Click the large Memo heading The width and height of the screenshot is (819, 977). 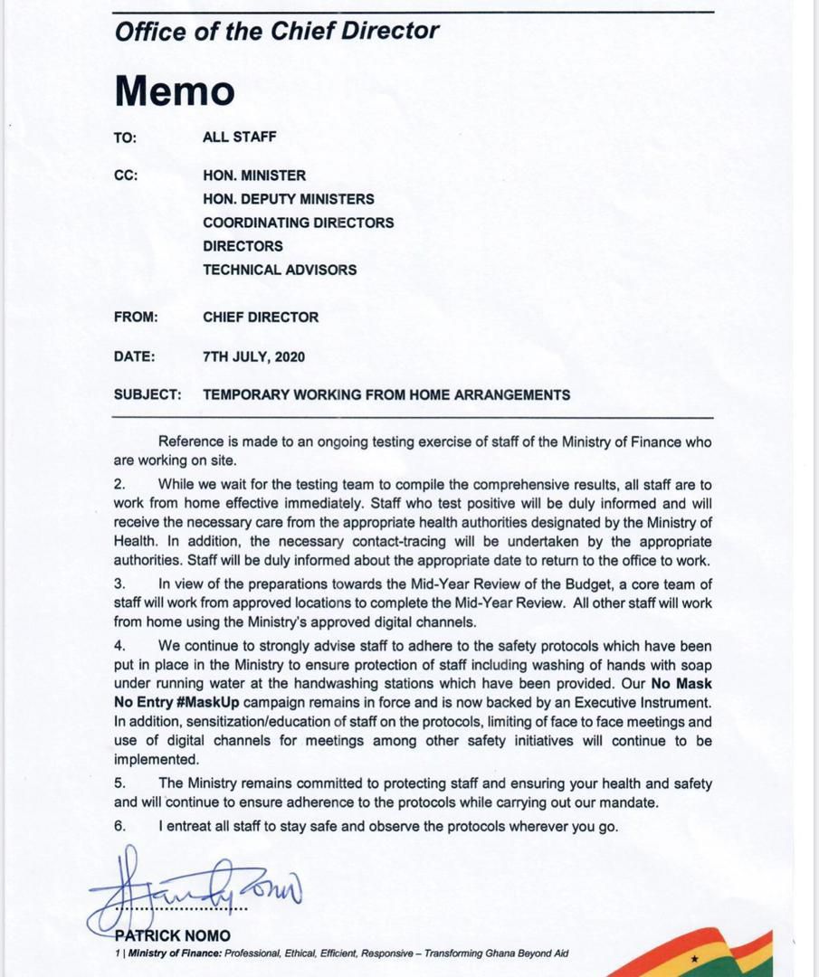click(174, 90)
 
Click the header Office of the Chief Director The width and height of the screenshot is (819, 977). click(277, 31)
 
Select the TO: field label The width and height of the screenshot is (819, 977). click(125, 138)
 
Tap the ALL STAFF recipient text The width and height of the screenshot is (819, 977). click(240, 138)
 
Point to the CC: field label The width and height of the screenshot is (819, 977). click(126, 175)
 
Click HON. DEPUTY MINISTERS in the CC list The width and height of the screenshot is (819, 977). click(288, 199)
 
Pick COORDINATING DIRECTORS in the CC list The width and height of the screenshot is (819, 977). click(298, 223)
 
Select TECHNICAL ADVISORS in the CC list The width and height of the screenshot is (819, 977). click(280, 270)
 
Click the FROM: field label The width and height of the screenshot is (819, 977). click(136, 318)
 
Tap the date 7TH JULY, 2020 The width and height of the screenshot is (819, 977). click(253, 356)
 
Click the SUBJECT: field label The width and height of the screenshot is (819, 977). click(148, 395)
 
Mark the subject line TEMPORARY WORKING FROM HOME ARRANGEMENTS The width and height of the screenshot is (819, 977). click(386, 395)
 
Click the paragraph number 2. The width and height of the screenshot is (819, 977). click(119, 484)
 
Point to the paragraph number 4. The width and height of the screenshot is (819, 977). click(119, 646)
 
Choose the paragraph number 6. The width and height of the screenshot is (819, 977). click(119, 826)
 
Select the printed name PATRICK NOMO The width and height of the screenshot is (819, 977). click(172, 936)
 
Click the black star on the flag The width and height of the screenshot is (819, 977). click(695, 958)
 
